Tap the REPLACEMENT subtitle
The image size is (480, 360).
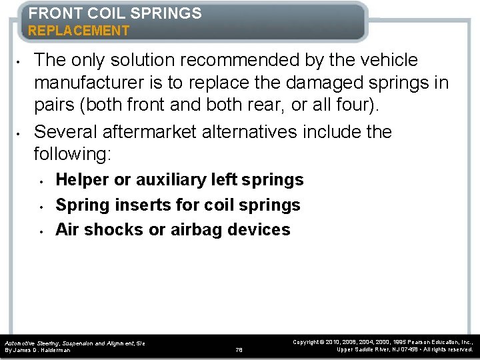click(x=79, y=31)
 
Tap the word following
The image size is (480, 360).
click(x=72, y=155)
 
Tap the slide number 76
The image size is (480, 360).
click(x=239, y=349)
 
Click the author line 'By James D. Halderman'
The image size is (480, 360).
click(x=37, y=350)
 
